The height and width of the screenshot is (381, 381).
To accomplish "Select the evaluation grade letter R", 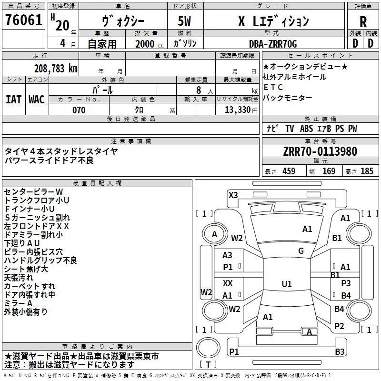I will pos(363,21).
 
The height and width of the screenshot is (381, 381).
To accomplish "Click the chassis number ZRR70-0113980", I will pos(320,151).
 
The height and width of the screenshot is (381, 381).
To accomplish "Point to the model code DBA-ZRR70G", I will pos(273,44).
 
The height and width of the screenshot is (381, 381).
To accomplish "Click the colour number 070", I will pos(79,110).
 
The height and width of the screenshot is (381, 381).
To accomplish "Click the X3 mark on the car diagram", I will pos(233,195).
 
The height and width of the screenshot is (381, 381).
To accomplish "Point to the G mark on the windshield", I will pos(301,251).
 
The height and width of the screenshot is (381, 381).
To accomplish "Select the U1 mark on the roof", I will pos(286,284).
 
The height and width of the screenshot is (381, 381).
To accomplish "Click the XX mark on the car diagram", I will pos(228,283).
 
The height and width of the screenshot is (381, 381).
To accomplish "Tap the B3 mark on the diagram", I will pos(339,352).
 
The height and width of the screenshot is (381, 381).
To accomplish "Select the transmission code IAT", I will pos(13,99).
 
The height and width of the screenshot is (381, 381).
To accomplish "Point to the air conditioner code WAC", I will pos(37,99).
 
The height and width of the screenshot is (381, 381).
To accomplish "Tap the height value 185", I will pos(367,171).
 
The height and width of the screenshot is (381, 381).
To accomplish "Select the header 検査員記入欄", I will pos(97,183).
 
